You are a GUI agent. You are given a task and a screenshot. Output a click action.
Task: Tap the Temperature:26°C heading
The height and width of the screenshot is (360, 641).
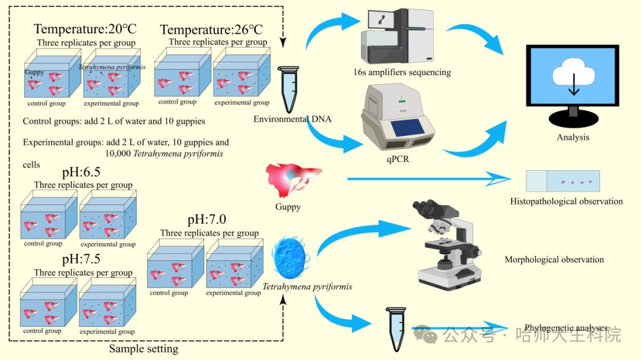[211, 29]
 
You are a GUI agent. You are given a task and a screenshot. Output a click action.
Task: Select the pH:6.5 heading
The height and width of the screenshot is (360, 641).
[82, 173]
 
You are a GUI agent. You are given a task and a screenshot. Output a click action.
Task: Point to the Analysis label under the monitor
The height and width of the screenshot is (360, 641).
[573, 137]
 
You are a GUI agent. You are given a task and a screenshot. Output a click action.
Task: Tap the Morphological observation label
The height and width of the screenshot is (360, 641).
[554, 260]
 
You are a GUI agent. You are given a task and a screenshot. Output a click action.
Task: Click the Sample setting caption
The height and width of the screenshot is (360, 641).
[144, 349]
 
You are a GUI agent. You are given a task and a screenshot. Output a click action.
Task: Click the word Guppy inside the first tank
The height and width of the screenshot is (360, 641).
[34, 72]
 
